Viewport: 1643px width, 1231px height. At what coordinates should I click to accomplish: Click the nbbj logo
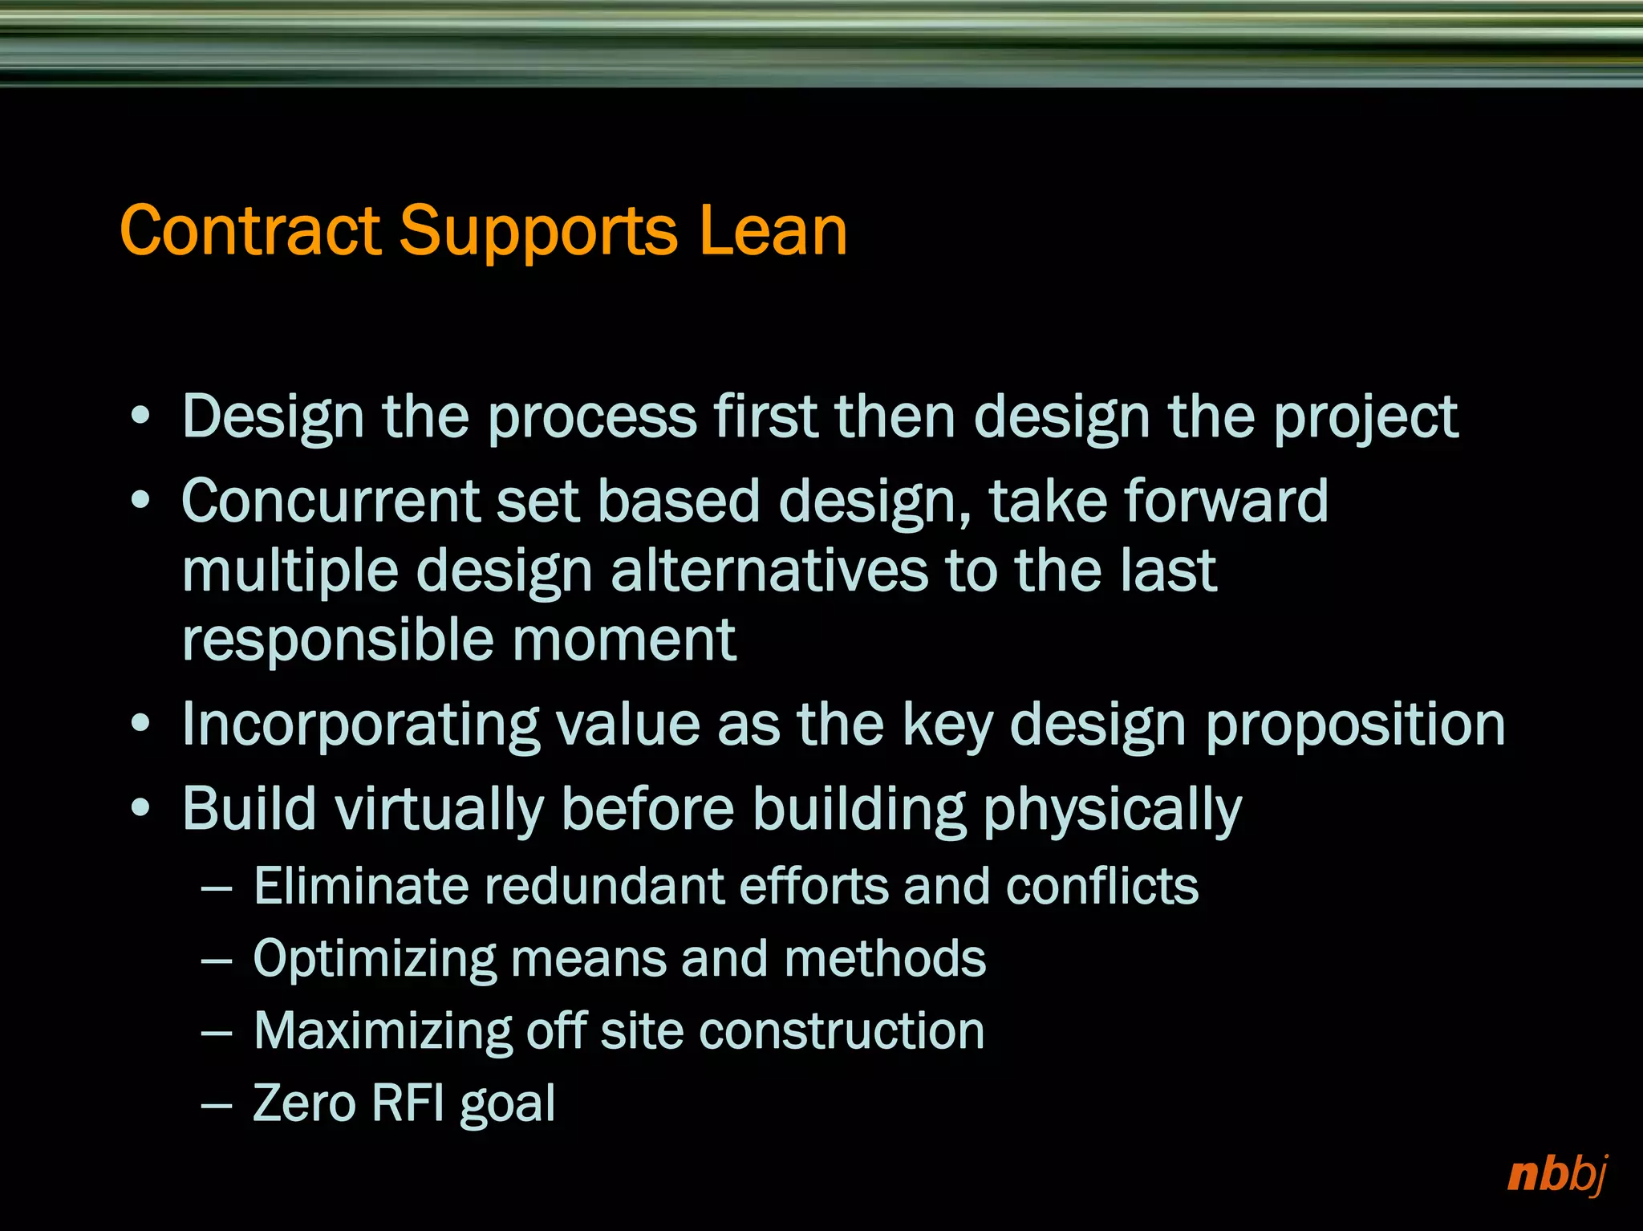[1557, 1175]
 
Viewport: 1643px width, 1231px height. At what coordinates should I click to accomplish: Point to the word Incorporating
[360, 725]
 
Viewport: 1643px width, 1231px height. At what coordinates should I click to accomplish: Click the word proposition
[1355, 725]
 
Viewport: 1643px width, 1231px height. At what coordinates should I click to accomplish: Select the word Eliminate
[360, 887]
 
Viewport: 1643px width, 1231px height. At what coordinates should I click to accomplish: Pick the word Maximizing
[382, 1031]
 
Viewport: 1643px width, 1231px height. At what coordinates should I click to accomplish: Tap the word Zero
[304, 1103]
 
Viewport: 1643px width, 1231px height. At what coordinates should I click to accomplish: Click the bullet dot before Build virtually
[140, 808]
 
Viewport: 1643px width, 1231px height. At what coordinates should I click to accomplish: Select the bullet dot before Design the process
[140, 416]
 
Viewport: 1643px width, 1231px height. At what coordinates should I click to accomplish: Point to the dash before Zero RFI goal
[217, 1106]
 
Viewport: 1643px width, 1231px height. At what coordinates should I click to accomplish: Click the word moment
[623, 641]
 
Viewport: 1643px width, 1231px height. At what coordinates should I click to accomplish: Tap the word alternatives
[768, 571]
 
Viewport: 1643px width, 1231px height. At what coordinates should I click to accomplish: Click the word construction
[842, 1031]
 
